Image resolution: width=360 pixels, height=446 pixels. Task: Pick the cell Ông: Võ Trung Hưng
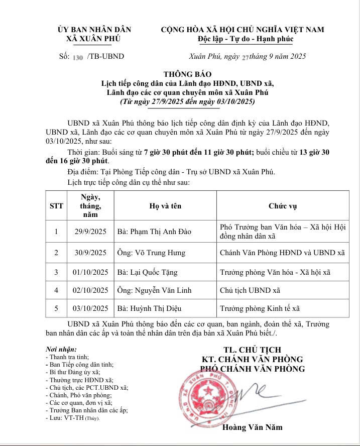click(151, 253)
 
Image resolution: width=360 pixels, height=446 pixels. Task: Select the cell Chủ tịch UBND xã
click(250, 290)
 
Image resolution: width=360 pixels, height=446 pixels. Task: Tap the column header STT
click(56, 205)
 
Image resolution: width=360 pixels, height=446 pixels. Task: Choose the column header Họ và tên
click(166, 205)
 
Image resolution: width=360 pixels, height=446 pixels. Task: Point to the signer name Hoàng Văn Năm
click(252, 427)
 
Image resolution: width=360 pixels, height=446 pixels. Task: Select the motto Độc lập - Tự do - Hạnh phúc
click(242, 39)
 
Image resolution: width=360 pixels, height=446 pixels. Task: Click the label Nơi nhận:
click(61, 349)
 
